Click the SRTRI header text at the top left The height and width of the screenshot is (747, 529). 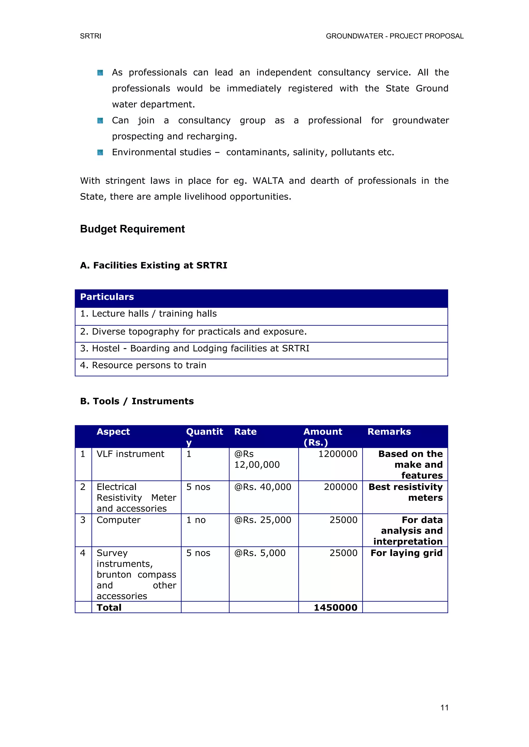(91, 36)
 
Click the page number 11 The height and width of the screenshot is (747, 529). (444, 707)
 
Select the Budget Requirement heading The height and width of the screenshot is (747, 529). (132, 229)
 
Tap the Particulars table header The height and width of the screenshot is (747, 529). (107, 297)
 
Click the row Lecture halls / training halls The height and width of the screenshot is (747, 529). (149, 314)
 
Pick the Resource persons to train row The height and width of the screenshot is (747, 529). (143, 365)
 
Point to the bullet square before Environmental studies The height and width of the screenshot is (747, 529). (100, 152)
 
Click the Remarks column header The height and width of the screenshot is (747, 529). (389, 432)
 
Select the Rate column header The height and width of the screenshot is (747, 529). (245, 432)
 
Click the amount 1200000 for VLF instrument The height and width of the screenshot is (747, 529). (338, 454)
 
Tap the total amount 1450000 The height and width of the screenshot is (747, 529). (336, 607)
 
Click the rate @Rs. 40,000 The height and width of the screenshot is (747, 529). (262, 487)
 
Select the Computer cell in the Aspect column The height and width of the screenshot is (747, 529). (119, 520)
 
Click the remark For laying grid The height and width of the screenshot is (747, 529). (407, 553)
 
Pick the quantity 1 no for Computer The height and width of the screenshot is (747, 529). (196, 520)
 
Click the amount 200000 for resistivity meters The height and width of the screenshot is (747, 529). (340, 487)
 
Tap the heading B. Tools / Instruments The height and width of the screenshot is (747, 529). (137, 401)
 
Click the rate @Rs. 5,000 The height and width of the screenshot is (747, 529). (260, 553)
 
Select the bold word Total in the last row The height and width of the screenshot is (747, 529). (109, 607)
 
